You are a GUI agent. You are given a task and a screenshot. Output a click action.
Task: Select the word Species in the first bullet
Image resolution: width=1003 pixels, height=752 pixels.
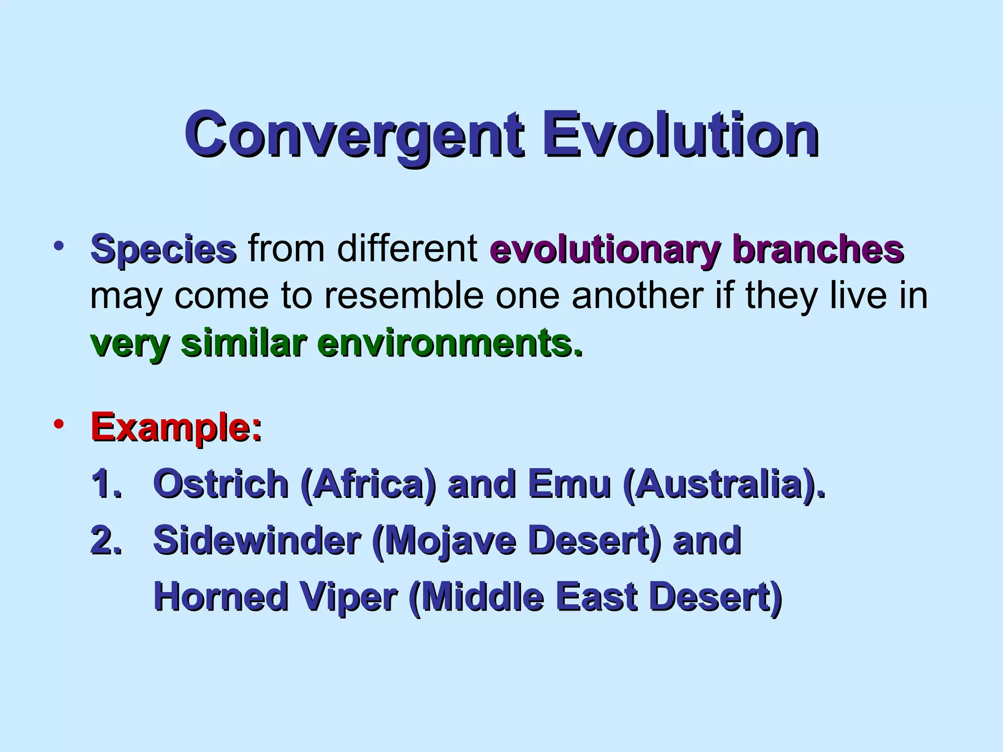(x=164, y=250)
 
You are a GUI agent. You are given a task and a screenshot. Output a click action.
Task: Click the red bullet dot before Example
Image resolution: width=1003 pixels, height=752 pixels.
(x=59, y=424)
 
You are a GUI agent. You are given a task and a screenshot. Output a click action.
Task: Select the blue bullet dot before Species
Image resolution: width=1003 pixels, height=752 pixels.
(x=59, y=245)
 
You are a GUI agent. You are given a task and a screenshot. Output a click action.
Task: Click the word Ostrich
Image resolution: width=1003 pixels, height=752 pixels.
(x=221, y=484)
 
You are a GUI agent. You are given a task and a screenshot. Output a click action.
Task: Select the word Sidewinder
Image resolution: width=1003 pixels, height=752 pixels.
(x=257, y=540)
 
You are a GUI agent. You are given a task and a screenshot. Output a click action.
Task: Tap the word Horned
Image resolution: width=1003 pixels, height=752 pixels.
(x=221, y=597)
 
